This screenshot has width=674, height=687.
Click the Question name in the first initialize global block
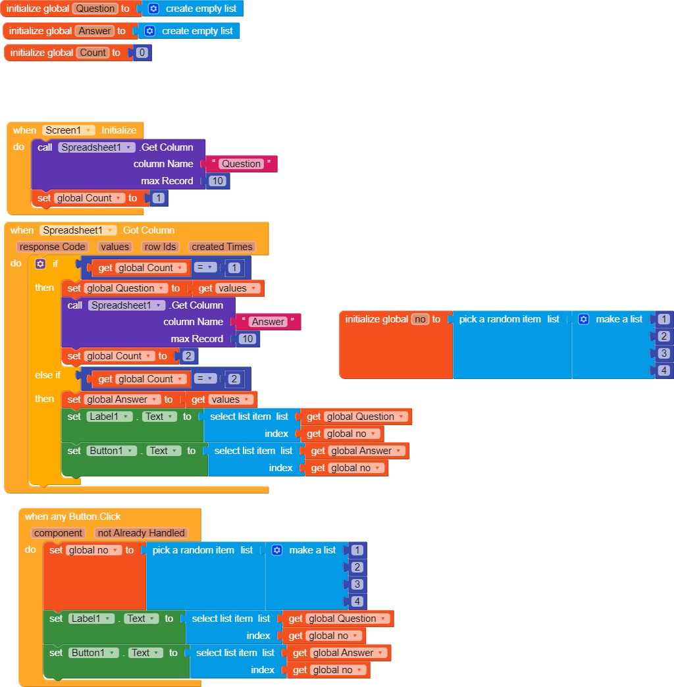(95, 9)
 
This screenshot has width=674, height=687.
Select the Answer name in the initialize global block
(95, 31)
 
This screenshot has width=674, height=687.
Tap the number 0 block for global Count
(142, 53)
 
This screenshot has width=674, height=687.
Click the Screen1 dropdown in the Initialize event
(68, 130)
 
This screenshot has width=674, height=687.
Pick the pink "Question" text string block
(242, 164)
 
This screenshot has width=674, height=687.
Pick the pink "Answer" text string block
(268, 322)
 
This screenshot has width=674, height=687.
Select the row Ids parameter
(160, 247)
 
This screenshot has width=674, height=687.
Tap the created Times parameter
(221, 247)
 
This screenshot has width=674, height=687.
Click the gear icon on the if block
(40, 264)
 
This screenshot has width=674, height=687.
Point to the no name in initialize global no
(420, 319)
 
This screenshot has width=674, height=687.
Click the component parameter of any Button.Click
(59, 533)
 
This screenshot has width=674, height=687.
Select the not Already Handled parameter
(141, 533)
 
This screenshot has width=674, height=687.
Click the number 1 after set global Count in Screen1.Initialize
(159, 198)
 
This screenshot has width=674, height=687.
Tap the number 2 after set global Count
(188, 356)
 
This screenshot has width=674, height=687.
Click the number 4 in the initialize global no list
(665, 370)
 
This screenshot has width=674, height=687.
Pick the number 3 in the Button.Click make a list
(357, 584)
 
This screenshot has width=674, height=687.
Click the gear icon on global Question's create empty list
(153, 9)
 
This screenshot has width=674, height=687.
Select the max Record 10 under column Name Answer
(247, 339)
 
